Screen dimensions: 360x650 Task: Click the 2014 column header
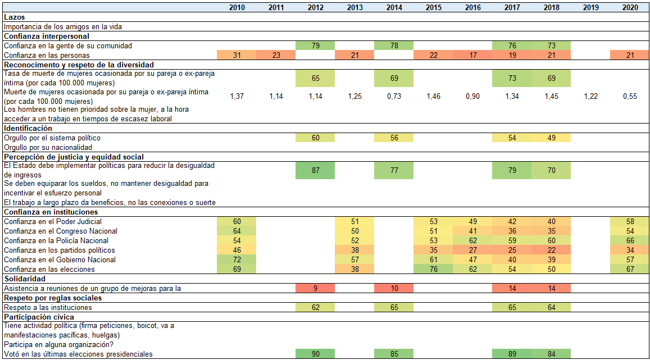pos(394,7)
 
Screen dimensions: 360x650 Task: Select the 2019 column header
pos(590,7)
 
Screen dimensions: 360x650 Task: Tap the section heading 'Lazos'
pos(14,17)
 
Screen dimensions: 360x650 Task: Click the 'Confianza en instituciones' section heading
pos(51,212)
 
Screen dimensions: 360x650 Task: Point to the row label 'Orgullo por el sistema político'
pos(52,138)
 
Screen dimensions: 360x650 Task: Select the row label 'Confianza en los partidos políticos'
pos(59,250)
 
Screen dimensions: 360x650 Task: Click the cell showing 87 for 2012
pos(315,170)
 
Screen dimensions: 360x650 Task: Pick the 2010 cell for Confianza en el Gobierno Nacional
pos(237,259)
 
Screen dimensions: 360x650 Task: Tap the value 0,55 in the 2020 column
pos(630,97)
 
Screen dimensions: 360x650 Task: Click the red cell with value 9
pos(315,288)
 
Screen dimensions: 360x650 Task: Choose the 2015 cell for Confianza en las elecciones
pos(433,269)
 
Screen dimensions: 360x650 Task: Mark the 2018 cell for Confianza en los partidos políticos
pos(551,250)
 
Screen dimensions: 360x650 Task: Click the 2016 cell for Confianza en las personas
pos(472,55)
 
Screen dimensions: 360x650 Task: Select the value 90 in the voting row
pos(315,354)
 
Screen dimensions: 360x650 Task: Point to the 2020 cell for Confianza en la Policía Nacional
pos(630,240)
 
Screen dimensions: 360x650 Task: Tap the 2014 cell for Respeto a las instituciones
pos(394,307)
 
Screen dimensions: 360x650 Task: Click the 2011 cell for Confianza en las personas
pos(276,55)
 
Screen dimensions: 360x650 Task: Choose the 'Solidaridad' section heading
pos(24,279)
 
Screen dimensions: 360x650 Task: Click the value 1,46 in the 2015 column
pos(433,97)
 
